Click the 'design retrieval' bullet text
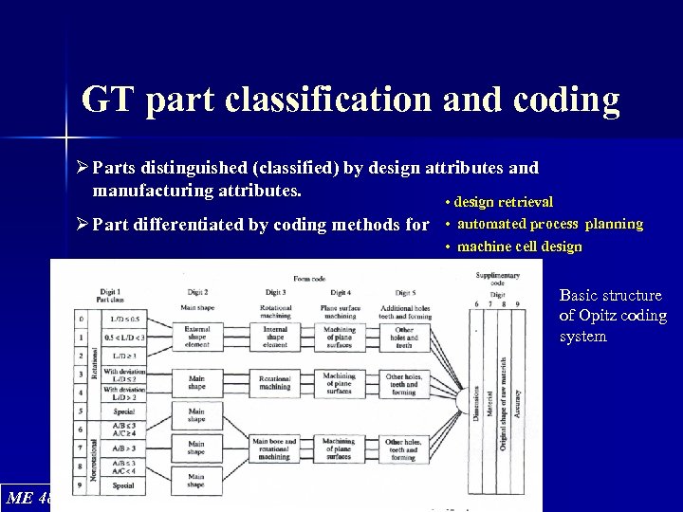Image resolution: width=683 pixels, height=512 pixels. pyautogui.click(x=504, y=202)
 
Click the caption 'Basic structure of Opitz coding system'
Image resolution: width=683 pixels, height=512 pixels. pyautogui.click(x=612, y=317)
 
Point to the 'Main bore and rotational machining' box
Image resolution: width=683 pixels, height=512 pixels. pyautogui.click(x=275, y=448)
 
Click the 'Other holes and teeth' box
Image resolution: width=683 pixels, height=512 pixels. pyautogui.click(x=403, y=335)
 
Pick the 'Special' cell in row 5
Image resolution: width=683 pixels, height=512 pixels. pyautogui.click(x=124, y=412)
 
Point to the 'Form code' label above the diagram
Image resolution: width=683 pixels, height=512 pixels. pyautogui.click(x=309, y=278)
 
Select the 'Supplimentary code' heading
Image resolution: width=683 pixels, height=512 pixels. pyautogui.click(x=497, y=279)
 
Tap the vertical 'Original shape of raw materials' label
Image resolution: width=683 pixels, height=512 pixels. pyautogui.click(x=502, y=403)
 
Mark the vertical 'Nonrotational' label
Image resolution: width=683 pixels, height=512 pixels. pyautogui.click(x=93, y=455)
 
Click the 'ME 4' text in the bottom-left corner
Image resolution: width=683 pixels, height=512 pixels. pyautogui.click(x=28, y=497)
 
